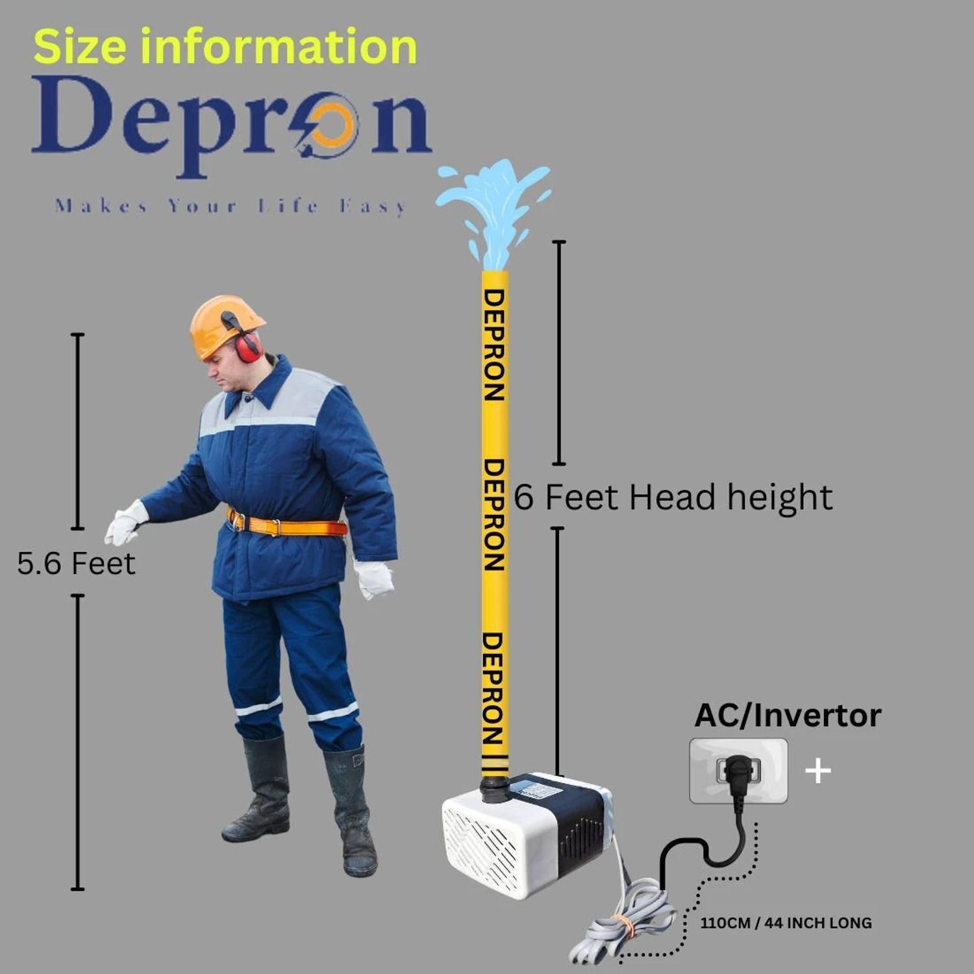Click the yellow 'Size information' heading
pyautogui.click(x=225, y=47)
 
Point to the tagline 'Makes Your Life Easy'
pyautogui.click(x=231, y=206)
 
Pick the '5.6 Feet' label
pyautogui.click(x=76, y=563)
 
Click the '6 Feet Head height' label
pyautogui.click(x=673, y=497)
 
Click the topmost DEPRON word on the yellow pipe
pyautogui.click(x=494, y=345)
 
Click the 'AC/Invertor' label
pyautogui.click(x=788, y=716)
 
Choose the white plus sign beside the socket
pyautogui.click(x=818, y=771)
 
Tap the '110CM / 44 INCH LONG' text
pyautogui.click(x=786, y=923)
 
